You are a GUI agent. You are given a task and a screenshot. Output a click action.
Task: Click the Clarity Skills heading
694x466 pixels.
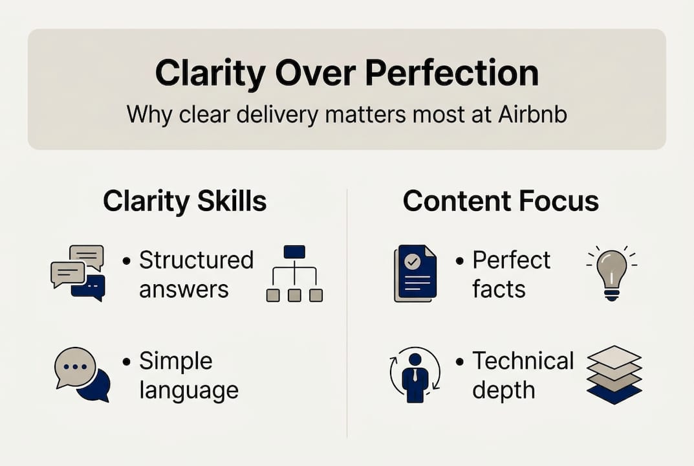tap(185, 201)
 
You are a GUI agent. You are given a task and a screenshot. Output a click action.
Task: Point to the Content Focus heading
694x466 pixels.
tap(501, 201)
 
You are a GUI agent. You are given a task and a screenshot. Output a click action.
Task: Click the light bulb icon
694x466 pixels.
tap(611, 273)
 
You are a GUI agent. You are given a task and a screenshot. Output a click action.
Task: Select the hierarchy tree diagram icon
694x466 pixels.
tap(294, 273)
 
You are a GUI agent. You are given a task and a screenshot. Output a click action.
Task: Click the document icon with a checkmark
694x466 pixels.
tap(415, 273)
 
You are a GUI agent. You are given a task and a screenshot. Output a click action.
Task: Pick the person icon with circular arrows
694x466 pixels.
tap(415, 374)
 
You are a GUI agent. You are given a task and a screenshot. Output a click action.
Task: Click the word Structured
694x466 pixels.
tap(196, 260)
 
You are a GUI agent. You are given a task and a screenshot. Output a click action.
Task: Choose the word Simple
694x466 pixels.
tap(175, 361)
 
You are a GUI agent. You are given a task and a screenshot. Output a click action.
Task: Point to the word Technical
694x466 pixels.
tap(523, 361)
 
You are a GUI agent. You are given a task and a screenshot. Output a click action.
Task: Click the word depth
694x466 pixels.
tap(503, 390)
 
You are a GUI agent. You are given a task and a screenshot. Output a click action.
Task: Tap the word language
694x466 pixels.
tap(188, 390)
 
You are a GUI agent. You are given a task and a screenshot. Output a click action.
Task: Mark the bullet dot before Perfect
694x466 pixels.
tap(460, 261)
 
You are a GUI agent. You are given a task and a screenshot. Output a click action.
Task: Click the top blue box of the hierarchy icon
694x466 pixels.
tap(294, 252)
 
